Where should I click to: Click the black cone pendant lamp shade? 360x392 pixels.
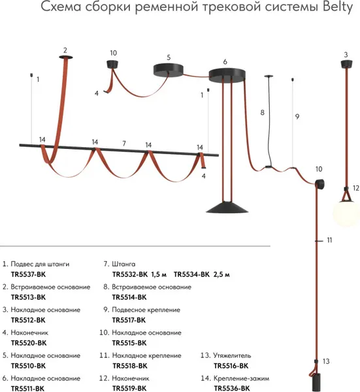tap(227, 207)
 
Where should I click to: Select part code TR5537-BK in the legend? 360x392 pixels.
tap(29, 274)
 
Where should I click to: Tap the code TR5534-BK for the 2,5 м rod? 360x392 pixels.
tap(191, 274)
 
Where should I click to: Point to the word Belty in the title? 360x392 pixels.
tap(338, 7)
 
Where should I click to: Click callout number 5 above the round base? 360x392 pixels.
tap(169, 57)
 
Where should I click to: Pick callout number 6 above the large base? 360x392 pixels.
tap(225, 62)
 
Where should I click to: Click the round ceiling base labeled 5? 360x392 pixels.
tap(169, 69)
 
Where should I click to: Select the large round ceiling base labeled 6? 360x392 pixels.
tap(227, 75)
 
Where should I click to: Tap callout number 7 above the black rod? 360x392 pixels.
tap(124, 143)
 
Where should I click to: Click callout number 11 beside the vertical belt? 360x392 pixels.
tap(329, 240)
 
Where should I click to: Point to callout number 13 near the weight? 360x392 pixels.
tap(326, 361)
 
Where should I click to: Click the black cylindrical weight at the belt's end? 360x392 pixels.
tap(317, 382)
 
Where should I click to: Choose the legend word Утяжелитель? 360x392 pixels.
tap(232, 355)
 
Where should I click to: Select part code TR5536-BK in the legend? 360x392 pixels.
tap(232, 389)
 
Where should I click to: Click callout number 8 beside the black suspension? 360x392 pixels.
tap(262, 112)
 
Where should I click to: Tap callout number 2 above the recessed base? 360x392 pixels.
tap(65, 50)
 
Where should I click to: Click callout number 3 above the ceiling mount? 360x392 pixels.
tap(346, 55)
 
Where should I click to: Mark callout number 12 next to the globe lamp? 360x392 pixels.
tap(355, 188)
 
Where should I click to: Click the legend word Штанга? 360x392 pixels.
tap(123, 264)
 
